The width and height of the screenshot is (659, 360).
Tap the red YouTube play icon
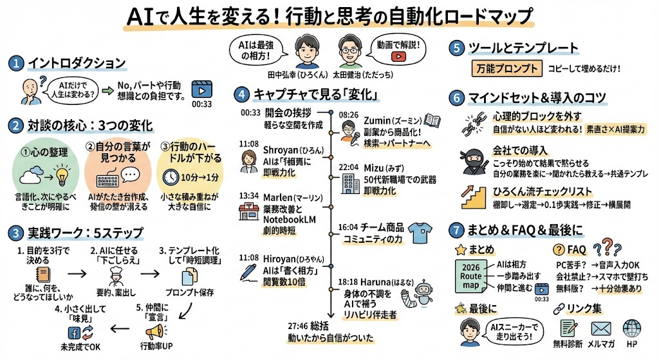(x=399, y=57)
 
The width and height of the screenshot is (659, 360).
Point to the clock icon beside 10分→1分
(x=170, y=176)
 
